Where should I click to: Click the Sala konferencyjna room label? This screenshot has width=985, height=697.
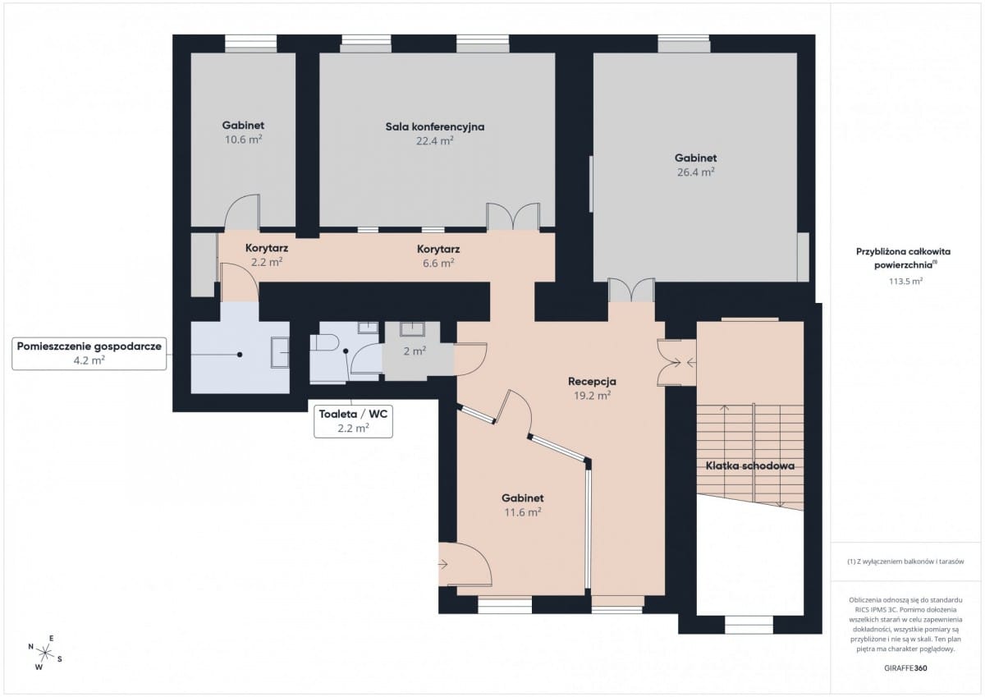tap(435, 126)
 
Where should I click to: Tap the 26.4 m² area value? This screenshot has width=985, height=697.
tap(696, 172)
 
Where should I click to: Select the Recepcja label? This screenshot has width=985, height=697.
tap(592, 381)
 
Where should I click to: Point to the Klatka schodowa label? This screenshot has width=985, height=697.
tap(750, 465)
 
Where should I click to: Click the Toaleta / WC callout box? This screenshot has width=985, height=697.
tap(353, 422)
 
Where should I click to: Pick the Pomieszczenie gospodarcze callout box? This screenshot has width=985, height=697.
tap(89, 353)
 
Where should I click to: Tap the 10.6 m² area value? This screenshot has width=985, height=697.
tap(243, 140)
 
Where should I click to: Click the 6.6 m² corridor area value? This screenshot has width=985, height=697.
tap(438, 263)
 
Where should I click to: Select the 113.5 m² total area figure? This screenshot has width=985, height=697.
tap(905, 281)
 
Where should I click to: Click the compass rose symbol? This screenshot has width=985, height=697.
tap(45, 653)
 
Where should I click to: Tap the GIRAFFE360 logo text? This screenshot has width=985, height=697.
tap(905, 668)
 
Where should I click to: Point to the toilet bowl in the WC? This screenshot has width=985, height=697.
tap(324, 342)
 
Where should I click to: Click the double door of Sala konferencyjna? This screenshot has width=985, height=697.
tap(513, 217)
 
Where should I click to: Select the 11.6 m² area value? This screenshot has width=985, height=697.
tap(522, 512)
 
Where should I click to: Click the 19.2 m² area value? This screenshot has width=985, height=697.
tap(592, 396)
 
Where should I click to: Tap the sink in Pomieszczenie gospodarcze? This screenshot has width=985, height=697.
tap(280, 352)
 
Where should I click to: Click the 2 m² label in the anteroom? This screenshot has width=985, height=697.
tap(415, 351)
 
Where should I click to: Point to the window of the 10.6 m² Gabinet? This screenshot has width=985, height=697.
tap(250, 44)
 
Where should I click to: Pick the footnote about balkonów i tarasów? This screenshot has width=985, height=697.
tap(905, 562)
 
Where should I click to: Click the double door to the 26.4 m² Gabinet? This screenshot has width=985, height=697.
tap(631, 290)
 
